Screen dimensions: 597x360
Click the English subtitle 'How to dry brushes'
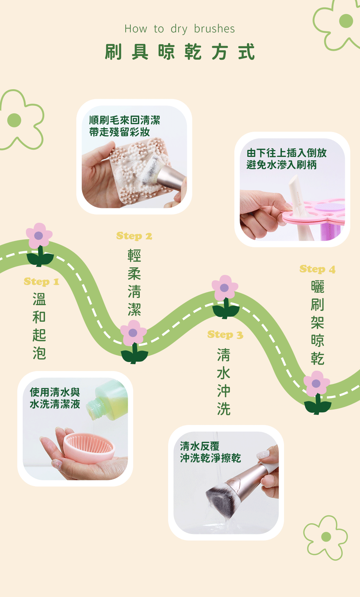pos(180,29)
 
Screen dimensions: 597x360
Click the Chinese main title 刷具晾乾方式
pos(180,52)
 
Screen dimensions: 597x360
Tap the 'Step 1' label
pos(41,281)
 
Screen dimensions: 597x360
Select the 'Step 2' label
pos(134,236)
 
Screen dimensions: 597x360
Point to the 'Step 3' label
pos(225,335)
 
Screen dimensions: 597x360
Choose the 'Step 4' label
pos(317,269)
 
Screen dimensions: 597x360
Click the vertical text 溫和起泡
pos(39,326)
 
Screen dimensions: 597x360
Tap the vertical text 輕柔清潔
pos(134,282)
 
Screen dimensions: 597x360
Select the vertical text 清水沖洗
pos(224,382)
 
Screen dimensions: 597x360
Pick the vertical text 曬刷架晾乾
pos(318,322)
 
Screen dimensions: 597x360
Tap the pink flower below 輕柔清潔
pos(133,333)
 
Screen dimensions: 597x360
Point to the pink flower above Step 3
pos(225,288)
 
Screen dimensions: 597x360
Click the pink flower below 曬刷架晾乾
pos(316,384)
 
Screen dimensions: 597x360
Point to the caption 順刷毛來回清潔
pos(125,120)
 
